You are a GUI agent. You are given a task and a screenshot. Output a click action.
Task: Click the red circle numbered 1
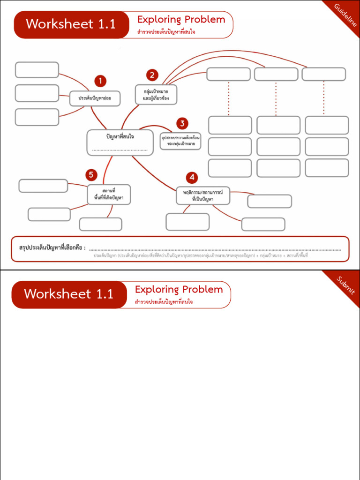point(100,81)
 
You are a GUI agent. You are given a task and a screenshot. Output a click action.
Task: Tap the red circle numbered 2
point(151,75)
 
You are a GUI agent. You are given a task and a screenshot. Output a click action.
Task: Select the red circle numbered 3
point(182,124)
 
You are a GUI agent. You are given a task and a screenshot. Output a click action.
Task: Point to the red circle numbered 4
point(191,178)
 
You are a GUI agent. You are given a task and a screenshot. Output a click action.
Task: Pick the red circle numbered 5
point(91,175)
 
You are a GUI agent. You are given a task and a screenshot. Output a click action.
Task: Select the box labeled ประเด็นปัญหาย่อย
point(95,98)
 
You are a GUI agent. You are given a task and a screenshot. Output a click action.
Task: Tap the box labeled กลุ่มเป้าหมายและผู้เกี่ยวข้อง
point(156,95)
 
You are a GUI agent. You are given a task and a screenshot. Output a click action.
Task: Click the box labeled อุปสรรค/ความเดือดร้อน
point(180,141)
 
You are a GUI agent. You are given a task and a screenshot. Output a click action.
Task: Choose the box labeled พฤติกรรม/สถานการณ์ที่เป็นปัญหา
point(203,195)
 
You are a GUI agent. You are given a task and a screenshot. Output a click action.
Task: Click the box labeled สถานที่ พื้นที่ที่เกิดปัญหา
point(109,195)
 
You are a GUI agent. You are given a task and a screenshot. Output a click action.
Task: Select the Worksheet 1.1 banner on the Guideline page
point(71,24)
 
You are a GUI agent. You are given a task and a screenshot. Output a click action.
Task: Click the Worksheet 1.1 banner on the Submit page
point(69,294)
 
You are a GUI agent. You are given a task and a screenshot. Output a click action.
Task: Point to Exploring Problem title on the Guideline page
point(181,20)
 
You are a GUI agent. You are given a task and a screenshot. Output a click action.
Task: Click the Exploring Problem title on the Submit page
point(179,289)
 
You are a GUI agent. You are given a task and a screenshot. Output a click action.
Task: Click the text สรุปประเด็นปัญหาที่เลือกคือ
point(52,247)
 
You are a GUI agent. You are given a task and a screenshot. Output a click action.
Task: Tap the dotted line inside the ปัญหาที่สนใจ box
point(120,150)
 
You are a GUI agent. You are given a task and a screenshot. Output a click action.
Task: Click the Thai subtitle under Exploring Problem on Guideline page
point(166,32)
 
